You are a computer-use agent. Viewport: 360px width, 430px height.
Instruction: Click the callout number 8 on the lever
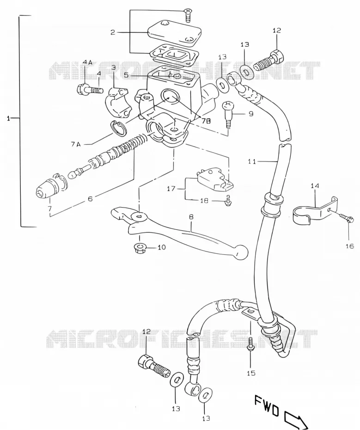coord(191,217)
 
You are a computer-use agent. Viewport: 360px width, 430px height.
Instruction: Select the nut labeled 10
coord(140,248)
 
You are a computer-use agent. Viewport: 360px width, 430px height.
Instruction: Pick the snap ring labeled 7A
coord(118,128)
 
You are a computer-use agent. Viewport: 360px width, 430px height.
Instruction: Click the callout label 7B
coord(206,121)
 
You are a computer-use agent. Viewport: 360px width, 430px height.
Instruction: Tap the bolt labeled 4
coord(89,89)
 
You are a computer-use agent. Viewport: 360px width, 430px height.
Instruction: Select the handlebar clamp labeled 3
coord(118,102)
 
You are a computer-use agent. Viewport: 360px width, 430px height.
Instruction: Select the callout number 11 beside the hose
coord(252,162)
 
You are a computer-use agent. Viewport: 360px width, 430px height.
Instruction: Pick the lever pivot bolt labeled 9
coord(228,114)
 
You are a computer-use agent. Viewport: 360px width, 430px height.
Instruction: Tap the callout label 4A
coord(87,63)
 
